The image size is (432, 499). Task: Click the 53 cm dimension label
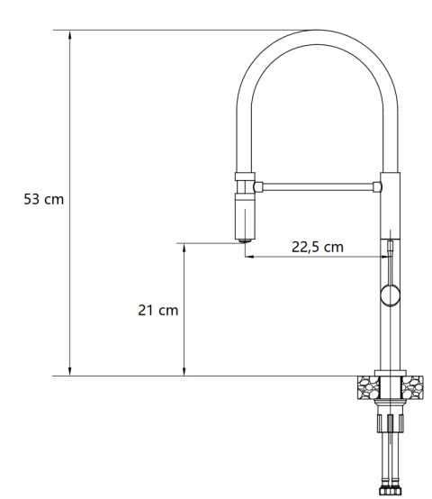pyautogui.click(x=43, y=198)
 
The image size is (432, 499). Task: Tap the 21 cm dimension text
pyautogui.click(x=157, y=310)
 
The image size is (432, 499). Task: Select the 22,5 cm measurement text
pyautogui.click(x=317, y=247)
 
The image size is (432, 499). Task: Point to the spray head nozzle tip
pyautogui.click(x=244, y=239)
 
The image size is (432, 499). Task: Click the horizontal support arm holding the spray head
pyautogui.click(x=315, y=187)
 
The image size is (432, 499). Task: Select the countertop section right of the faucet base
pyautogui.click(x=412, y=387)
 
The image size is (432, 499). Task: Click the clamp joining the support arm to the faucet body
pyautogui.click(x=379, y=187)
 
